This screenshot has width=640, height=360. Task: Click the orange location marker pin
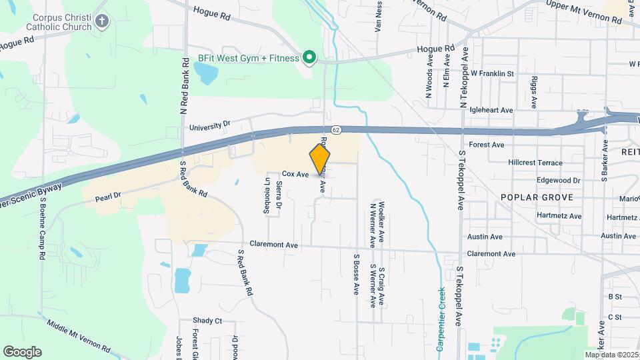point(320,159)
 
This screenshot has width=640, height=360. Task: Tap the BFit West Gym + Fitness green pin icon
point(309,58)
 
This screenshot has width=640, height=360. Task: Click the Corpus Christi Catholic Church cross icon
point(101,21)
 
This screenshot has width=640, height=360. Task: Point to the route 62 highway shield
point(337,129)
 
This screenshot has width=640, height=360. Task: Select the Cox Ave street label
point(295,174)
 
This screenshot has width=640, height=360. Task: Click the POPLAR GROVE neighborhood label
point(531,198)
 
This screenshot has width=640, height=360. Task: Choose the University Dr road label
point(209,125)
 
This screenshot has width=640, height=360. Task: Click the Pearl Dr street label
point(107,197)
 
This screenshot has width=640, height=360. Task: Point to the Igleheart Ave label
point(491,110)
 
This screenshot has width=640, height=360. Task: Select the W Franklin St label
point(492,73)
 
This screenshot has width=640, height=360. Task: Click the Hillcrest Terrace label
point(535,163)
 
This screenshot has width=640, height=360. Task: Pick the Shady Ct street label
point(207,321)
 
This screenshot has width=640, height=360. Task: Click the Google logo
point(22,351)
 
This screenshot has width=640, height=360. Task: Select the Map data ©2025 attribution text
point(611,355)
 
